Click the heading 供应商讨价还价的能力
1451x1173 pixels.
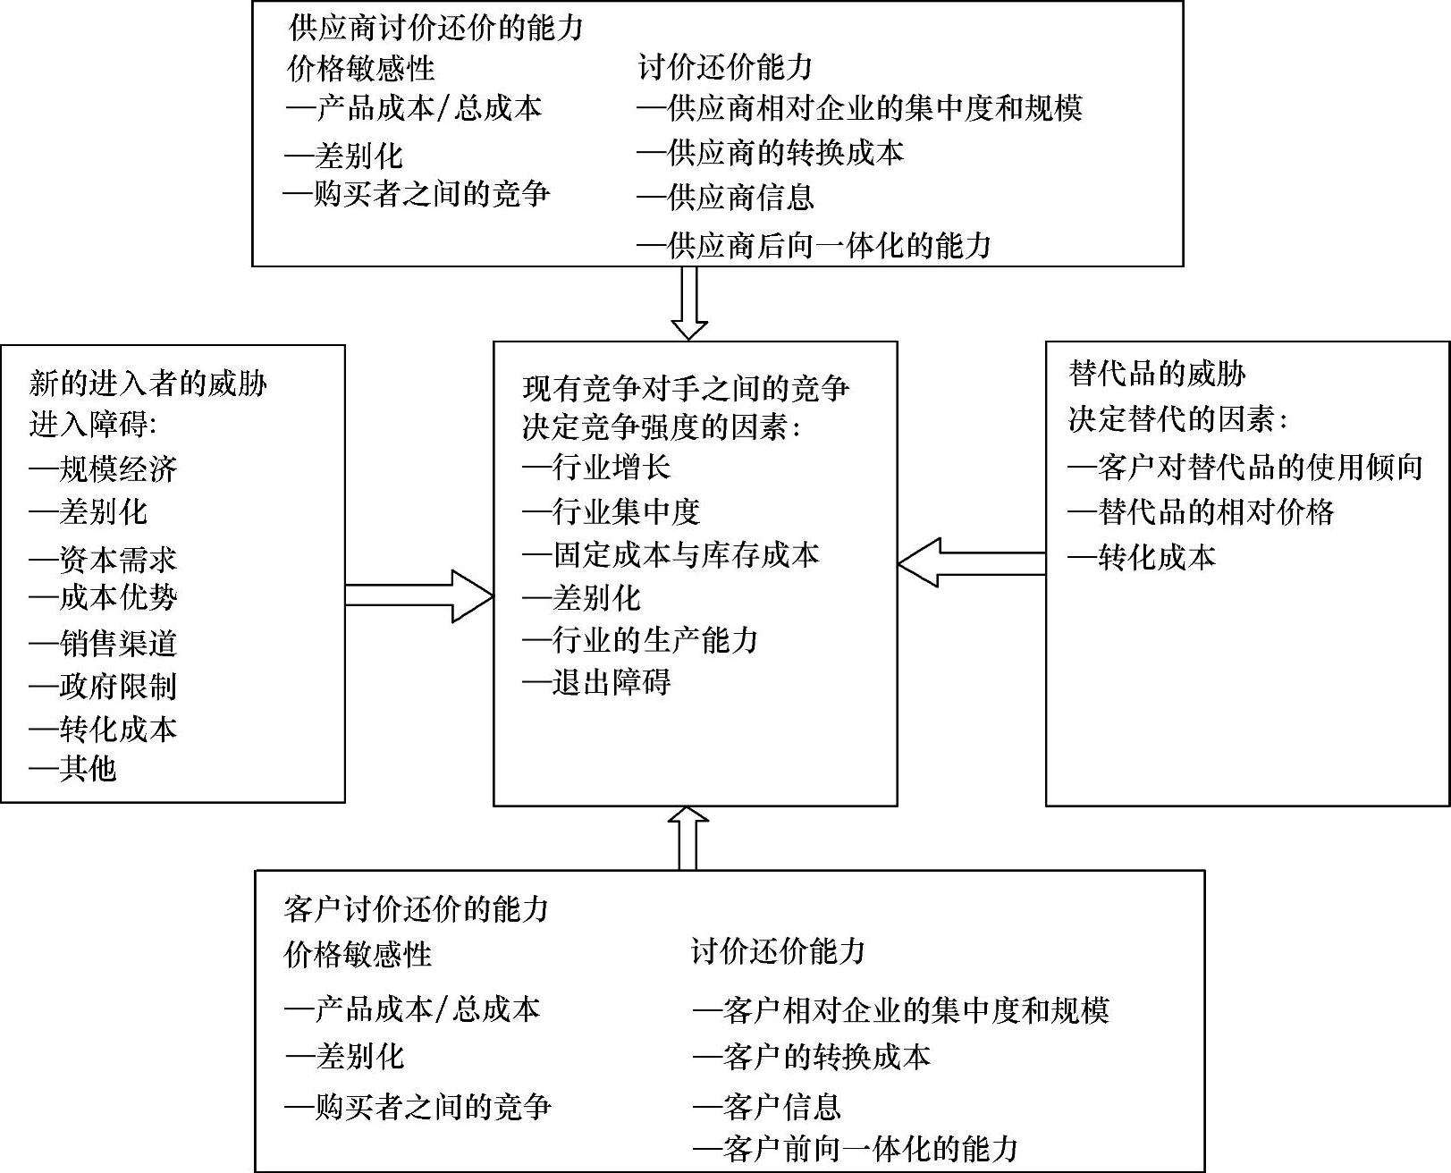pyautogui.click(x=435, y=28)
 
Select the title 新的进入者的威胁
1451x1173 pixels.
pyautogui.click(x=148, y=384)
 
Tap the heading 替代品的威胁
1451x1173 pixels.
pyautogui.click(x=1156, y=374)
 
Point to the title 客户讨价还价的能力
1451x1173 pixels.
pyautogui.click(x=416, y=910)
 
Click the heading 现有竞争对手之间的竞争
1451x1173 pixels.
pyautogui.click(x=686, y=388)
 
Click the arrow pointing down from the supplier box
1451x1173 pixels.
pyautogui.click(x=688, y=303)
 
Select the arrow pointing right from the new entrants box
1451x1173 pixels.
pyautogui.click(x=418, y=595)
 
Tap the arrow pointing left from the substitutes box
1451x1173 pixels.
pyautogui.click(x=972, y=562)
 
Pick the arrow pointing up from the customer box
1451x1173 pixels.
pyautogui.click(x=688, y=838)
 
